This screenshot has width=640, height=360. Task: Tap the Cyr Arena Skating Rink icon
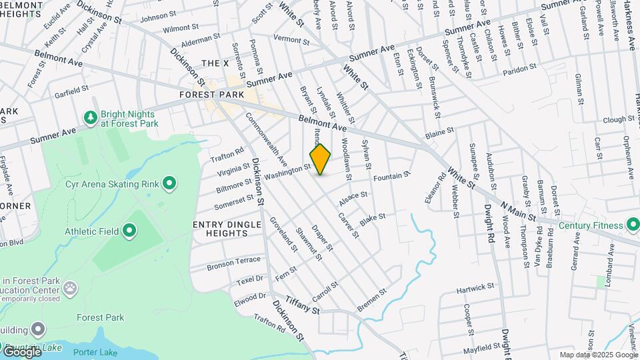169,183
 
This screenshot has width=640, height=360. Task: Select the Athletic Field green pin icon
129,231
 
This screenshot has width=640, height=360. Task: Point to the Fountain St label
391,177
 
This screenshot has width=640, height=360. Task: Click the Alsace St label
353,197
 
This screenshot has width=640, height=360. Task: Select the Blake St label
373,219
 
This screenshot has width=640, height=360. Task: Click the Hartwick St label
475,289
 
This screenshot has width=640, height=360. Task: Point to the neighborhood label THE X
215,63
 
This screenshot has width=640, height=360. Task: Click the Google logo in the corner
22,351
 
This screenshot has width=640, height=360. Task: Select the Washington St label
287,173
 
